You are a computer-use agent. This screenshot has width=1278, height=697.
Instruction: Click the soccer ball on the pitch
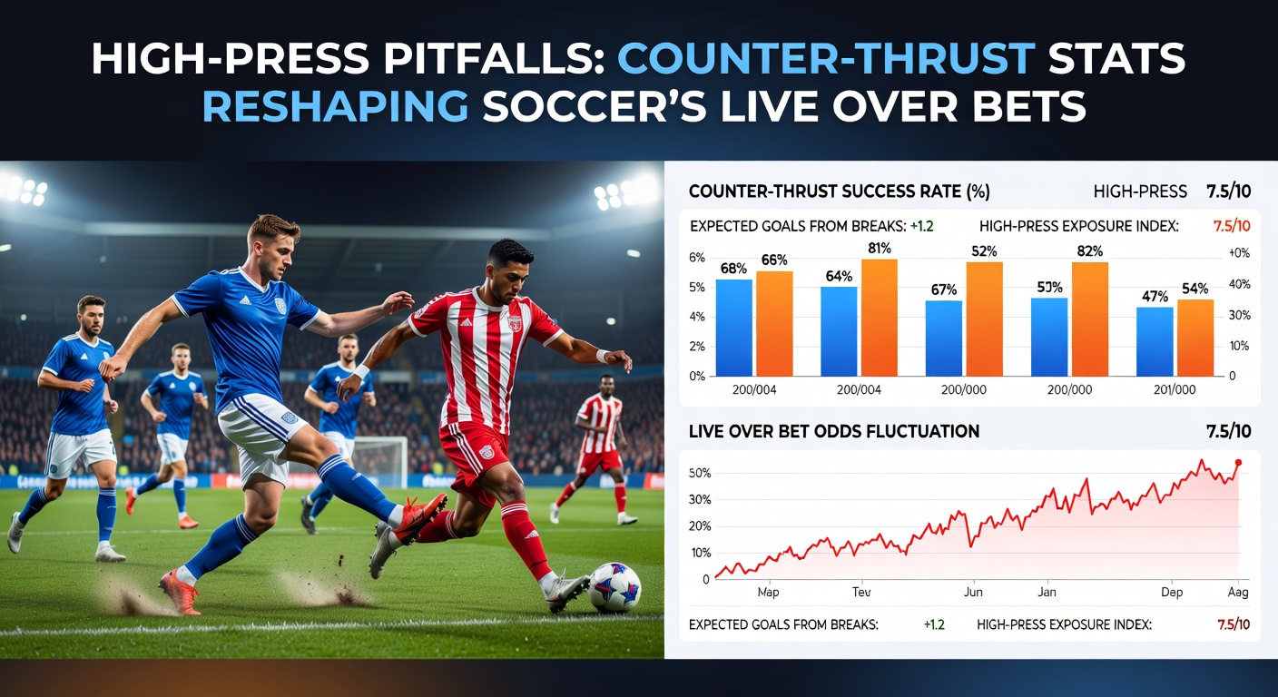click(x=614, y=587)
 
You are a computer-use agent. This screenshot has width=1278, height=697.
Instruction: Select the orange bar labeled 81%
click(x=879, y=318)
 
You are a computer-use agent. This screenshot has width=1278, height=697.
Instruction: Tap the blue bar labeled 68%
click(x=733, y=328)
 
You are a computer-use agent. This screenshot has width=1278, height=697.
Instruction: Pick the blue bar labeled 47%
click(x=1155, y=341)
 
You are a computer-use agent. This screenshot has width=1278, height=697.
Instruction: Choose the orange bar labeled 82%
click(x=1089, y=319)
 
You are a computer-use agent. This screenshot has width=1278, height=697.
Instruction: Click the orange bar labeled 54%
click(x=1194, y=338)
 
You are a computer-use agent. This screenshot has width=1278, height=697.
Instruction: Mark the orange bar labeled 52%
click(x=984, y=319)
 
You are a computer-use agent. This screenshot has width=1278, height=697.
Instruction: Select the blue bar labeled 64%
click(x=839, y=331)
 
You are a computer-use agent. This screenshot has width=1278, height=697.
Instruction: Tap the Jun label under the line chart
click(x=973, y=592)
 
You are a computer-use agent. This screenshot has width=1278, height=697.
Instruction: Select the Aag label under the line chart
click(x=1236, y=592)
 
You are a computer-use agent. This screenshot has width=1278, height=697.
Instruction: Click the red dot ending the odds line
click(x=1238, y=463)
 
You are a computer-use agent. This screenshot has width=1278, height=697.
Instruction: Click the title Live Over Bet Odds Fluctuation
click(x=834, y=431)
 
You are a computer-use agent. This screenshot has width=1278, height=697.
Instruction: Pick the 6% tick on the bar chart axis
click(x=697, y=258)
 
